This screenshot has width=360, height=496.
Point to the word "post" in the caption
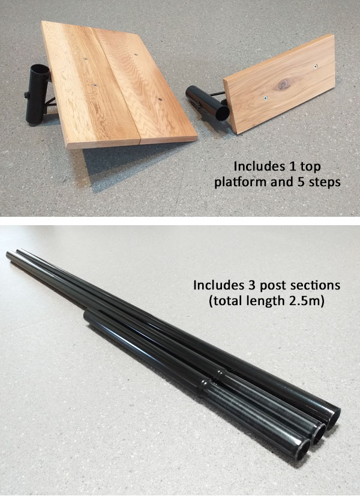coord(273,286)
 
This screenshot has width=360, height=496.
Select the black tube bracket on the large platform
coord(37,94)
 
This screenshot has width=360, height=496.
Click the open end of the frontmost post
coord(303,449)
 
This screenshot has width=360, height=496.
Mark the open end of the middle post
coord(319,432)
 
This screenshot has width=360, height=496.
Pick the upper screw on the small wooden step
coord(316,66)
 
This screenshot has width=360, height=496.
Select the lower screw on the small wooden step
coord(266,98)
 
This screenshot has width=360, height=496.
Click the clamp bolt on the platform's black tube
coord(27,95)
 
